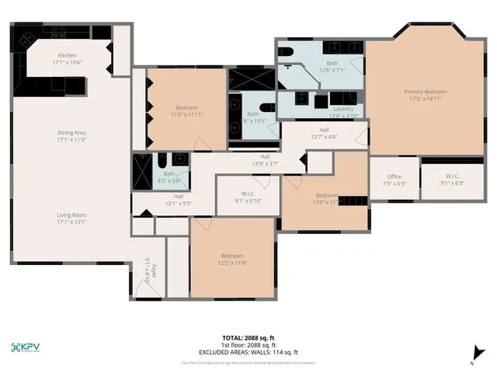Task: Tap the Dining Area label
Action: pos(71,133)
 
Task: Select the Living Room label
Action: pos(71,214)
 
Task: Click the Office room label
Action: pos(394,176)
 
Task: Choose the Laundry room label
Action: pos(342,109)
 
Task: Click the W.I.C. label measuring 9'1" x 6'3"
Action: pos(453,176)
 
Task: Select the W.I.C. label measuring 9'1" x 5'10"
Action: pos(248,193)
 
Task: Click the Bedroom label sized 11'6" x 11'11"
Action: pos(186,107)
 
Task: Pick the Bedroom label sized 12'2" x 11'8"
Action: pos(231,256)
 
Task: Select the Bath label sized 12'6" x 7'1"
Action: pos(332,63)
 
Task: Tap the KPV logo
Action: pos(29,347)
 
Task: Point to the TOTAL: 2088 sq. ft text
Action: pos(248,337)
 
